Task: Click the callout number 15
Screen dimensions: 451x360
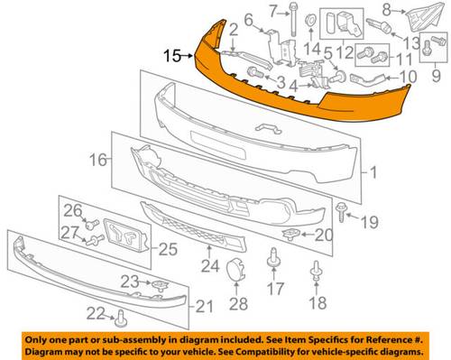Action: click(x=172, y=56)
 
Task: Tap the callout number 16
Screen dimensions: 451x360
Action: click(x=98, y=160)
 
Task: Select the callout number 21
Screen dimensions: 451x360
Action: click(x=204, y=307)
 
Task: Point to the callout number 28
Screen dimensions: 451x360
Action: click(x=238, y=303)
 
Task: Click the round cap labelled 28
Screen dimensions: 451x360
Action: click(x=236, y=270)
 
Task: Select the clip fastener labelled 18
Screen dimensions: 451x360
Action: click(x=316, y=272)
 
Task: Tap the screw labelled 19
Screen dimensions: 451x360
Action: click(x=341, y=212)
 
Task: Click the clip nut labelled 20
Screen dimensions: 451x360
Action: click(x=290, y=235)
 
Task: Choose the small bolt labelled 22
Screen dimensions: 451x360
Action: click(x=121, y=318)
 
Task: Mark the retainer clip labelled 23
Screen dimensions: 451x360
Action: click(x=161, y=285)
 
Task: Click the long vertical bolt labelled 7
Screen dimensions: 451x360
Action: click(x=293, y=20)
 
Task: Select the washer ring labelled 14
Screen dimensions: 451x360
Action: click(x=310, y=21)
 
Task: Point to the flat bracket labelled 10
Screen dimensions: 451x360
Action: click(x=367, y=78)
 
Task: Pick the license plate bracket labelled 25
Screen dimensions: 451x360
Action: click(x=126, y=235)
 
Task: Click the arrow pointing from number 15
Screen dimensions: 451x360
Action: click(x=187, y=56)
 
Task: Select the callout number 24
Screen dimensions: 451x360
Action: click(x=210, y=266)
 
